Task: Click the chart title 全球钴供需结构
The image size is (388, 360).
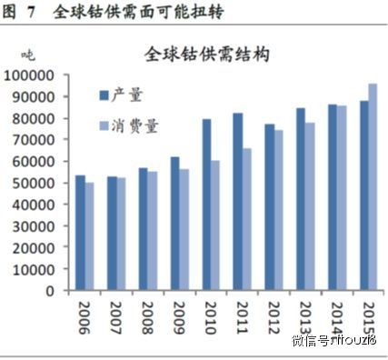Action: click(207, 54)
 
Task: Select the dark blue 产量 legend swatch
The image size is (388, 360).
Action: click(102, 95)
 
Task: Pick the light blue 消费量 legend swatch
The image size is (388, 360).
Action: click(102, 124)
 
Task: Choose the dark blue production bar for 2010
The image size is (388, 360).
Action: click(207, 205)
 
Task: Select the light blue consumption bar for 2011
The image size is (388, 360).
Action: click(246, 219)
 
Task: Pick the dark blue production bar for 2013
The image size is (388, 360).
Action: click(301, 199)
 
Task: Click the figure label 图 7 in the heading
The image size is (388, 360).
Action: click(22, 13)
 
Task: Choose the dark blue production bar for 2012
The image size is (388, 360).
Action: click(270, 207)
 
